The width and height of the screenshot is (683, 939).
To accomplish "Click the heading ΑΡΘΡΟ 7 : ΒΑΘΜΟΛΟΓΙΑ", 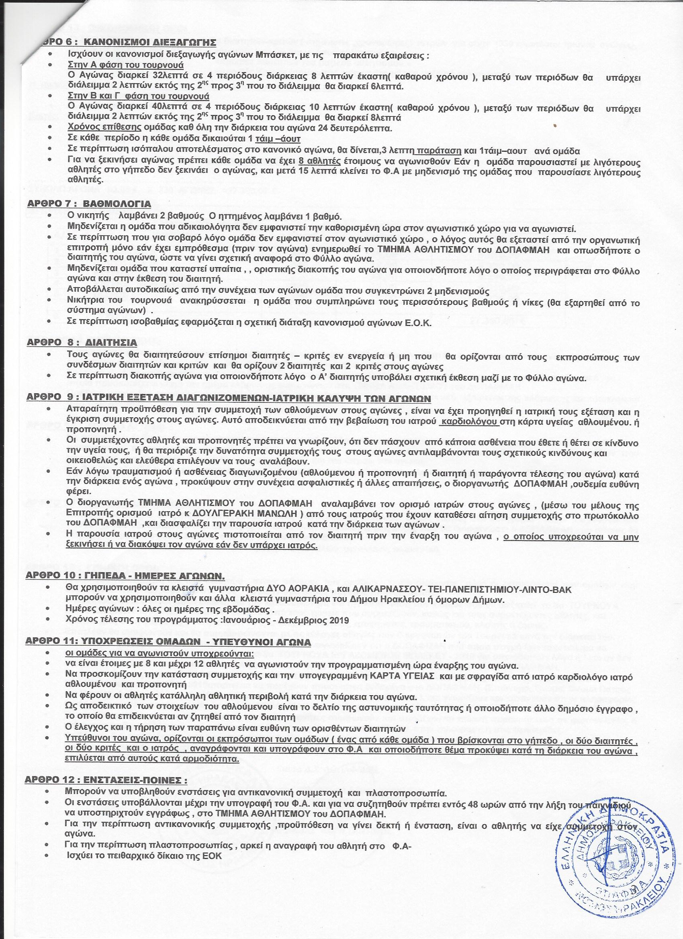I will pos(89,204).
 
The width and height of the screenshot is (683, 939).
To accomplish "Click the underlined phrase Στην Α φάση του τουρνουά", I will pos(125,66).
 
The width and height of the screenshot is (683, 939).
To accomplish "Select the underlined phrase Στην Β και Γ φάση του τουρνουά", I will pos(138,96).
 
